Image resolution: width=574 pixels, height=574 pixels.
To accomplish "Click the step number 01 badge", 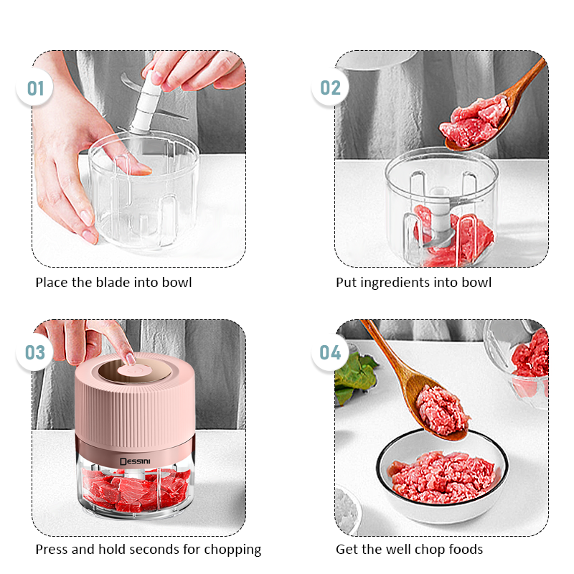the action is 34,88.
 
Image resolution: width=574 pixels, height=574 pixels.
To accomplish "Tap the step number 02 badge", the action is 330,88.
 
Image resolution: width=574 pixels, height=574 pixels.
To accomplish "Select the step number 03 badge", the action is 34,352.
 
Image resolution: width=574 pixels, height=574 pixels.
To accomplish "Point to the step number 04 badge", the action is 330,352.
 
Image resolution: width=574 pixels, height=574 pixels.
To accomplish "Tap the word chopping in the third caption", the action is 232,550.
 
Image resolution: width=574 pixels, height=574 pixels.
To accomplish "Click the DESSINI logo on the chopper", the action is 135,461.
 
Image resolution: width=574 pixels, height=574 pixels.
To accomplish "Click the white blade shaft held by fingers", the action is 147,103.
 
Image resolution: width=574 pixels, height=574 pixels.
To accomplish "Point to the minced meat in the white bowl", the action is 442,476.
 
